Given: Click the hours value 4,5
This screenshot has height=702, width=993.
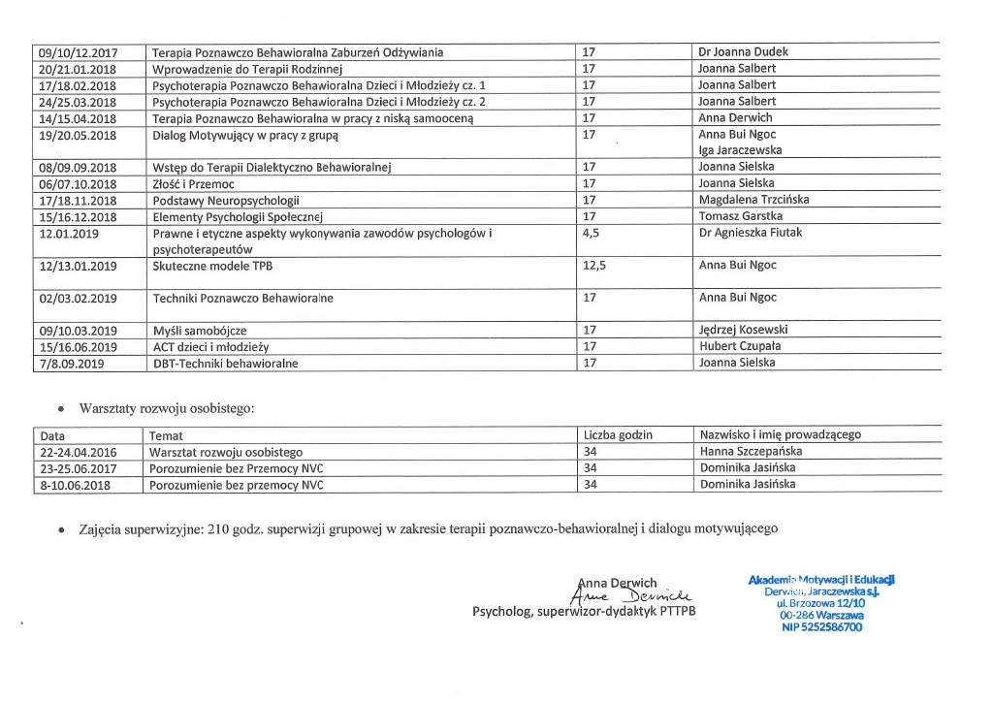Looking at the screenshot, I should click(590, 233).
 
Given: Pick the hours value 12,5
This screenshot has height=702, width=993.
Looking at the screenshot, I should click(593, 265).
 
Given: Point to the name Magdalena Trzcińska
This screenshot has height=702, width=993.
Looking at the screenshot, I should click(753, 200).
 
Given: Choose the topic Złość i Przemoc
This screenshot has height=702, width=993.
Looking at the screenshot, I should click(194, 183).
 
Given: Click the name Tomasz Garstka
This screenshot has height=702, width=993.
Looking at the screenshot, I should click(740, 216).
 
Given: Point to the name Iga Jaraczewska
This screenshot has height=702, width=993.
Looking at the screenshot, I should click(740, 150).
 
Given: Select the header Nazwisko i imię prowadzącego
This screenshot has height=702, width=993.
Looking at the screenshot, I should click(780, 435).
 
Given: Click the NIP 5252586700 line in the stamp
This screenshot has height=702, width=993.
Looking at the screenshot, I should click(821, 627).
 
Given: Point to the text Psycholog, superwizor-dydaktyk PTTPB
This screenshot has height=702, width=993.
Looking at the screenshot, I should click(583, 613).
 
